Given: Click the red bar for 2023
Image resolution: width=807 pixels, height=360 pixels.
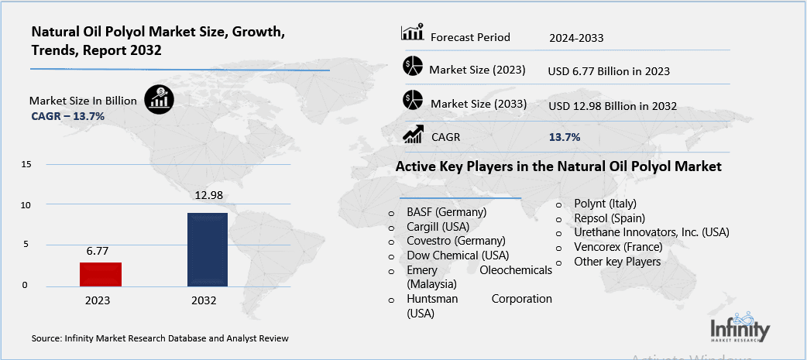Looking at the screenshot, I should pos(101,275).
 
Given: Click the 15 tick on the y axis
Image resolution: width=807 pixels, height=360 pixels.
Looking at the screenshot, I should pos(26,165).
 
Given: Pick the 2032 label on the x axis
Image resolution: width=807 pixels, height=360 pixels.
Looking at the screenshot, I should pos(206,300).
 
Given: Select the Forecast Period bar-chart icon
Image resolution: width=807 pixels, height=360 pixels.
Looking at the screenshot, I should pos(412,33).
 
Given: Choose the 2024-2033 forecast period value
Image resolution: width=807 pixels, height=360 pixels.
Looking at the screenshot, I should pos(576,37).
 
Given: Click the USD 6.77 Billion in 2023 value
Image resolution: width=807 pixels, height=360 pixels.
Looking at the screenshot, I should pos(608,71).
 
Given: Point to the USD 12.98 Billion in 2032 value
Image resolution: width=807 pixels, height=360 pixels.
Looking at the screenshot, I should pos(612,105).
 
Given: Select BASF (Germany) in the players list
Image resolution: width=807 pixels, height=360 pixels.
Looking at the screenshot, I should pos(446,212).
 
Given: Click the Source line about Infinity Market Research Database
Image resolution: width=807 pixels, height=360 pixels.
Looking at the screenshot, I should pos(160,338).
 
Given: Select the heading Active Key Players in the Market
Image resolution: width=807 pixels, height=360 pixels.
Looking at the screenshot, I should pos(558,166).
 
